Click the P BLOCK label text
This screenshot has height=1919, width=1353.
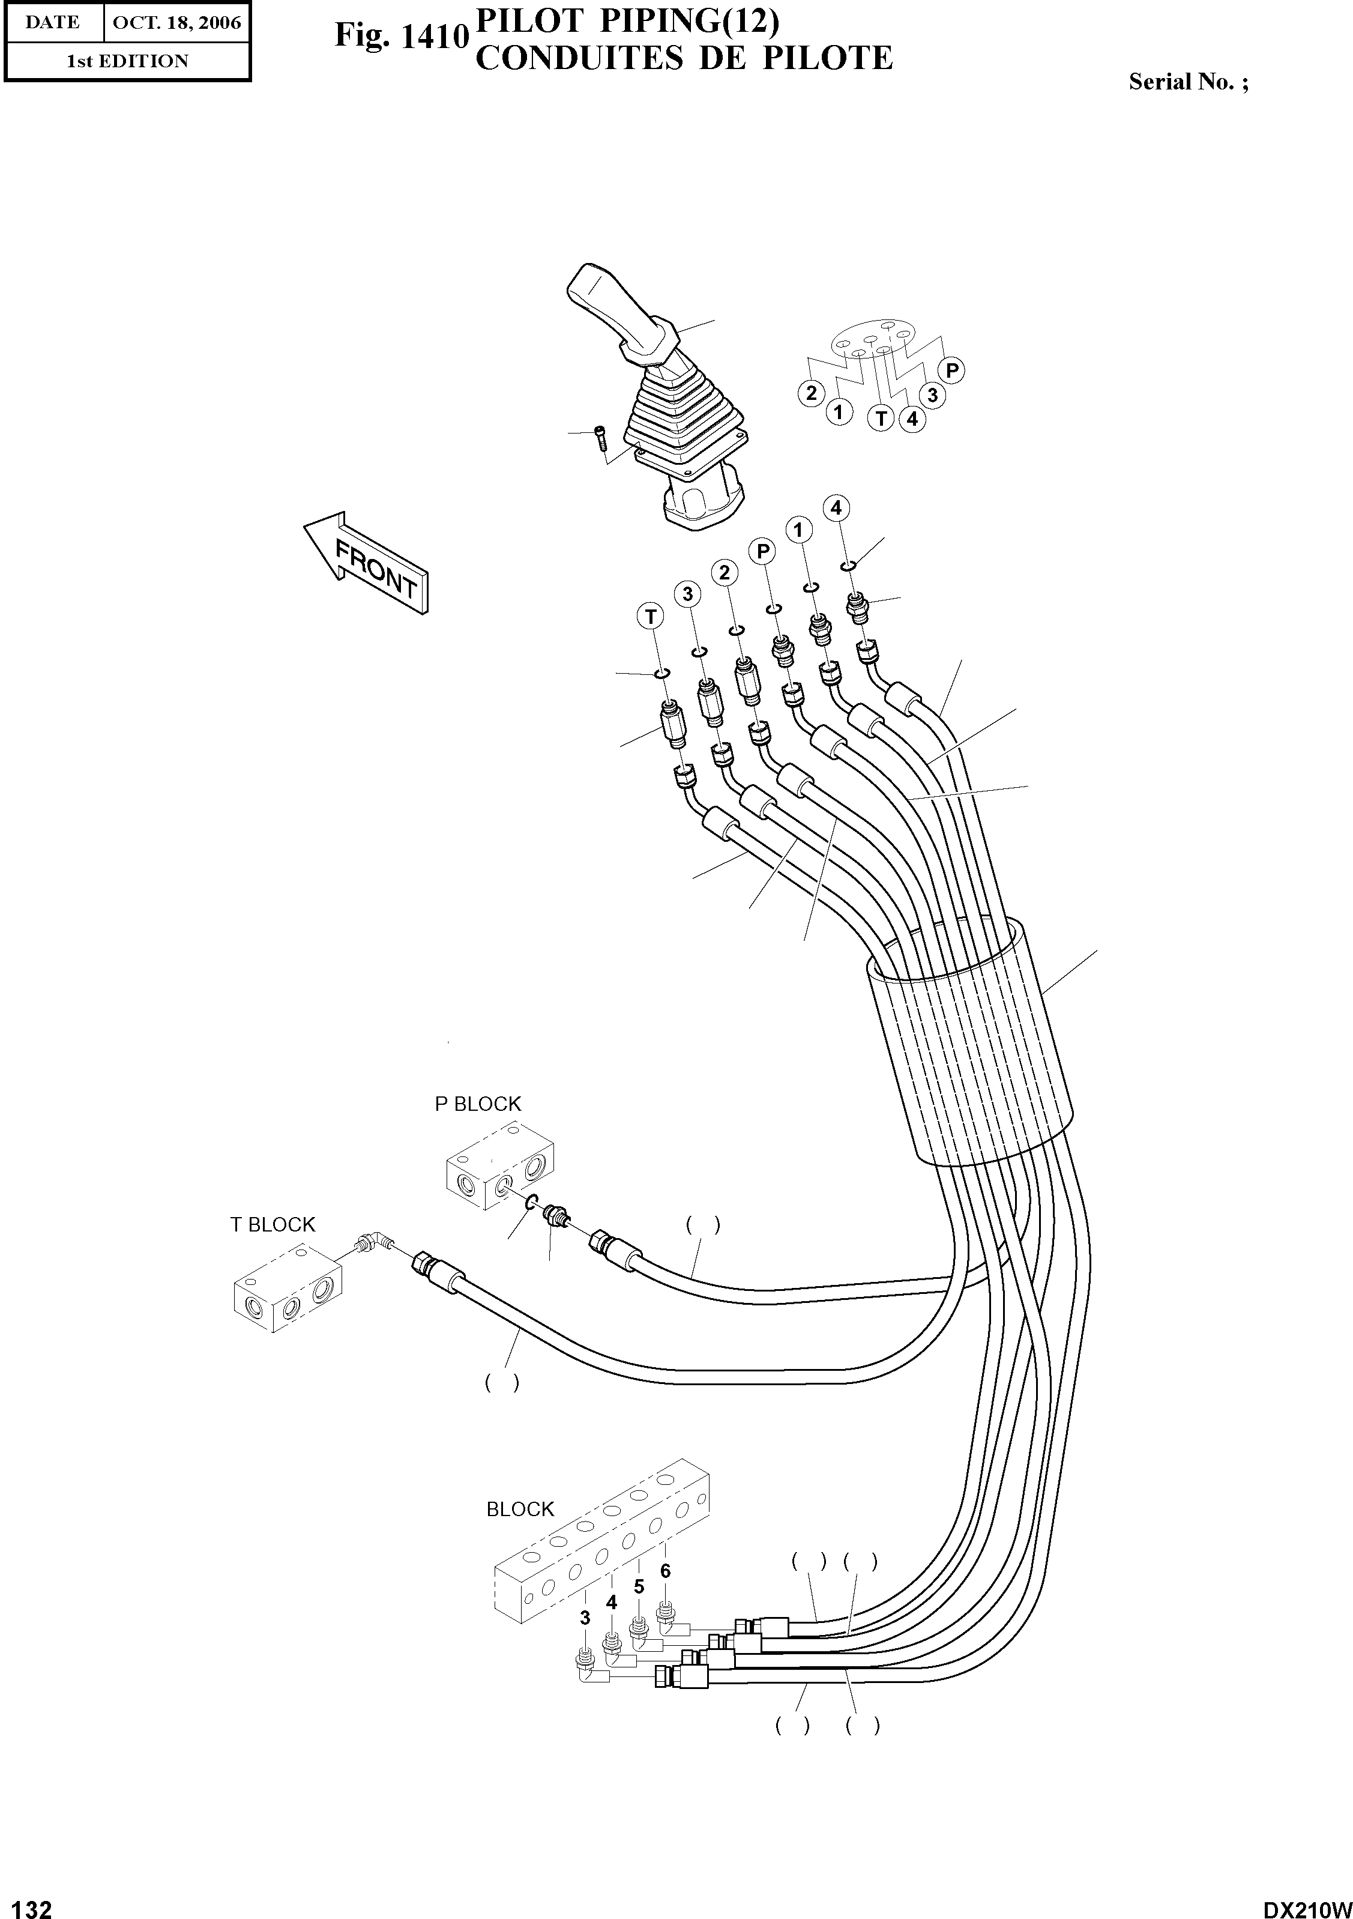tap(477, 1104)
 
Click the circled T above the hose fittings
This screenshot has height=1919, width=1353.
tap(650, 617)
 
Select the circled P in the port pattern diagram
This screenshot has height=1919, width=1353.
tap(952, 370)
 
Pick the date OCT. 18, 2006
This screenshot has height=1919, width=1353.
tap(176, 23)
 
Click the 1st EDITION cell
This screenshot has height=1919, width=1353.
tap(127, 61)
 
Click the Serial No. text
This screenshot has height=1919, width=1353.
tap(1187, 82)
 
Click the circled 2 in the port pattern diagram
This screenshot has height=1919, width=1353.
tap(810, 393)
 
